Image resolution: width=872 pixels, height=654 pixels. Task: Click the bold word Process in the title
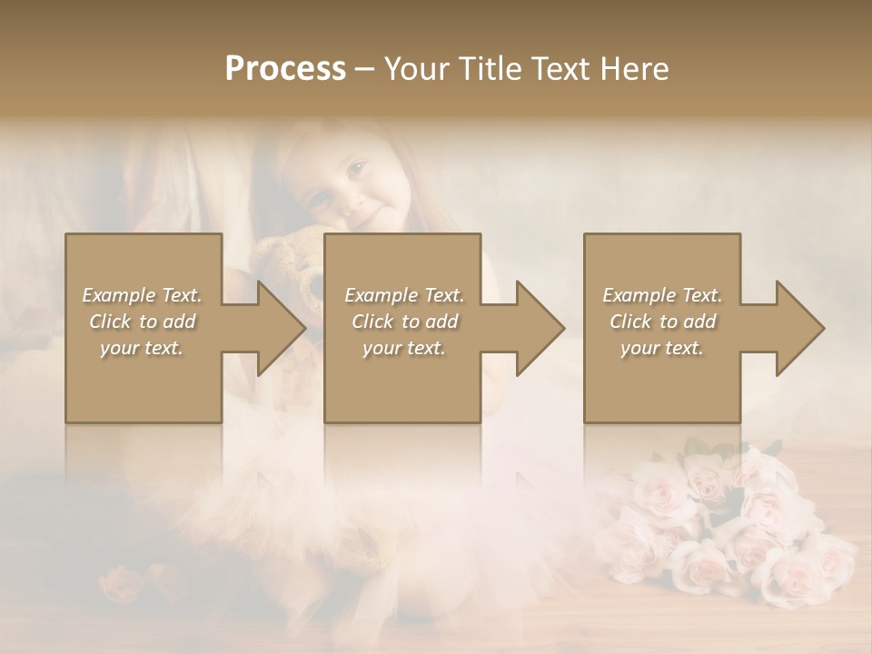[x=285, y=69]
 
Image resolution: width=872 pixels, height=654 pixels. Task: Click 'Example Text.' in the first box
[x=142, y=295]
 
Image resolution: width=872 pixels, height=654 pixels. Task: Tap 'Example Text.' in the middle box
[x=404, y=295]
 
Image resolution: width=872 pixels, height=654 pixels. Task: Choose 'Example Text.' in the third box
[x=662, y=295]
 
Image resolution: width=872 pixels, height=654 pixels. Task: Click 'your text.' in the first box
[x=142, y=348]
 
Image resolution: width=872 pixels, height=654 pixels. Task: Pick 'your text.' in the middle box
[x=404, y=348]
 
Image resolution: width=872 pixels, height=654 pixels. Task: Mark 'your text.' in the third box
[x=662, y=348]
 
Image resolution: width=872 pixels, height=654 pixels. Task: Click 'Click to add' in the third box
[x=662, y=322]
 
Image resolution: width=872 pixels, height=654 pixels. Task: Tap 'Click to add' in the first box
[x=142, y=322]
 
